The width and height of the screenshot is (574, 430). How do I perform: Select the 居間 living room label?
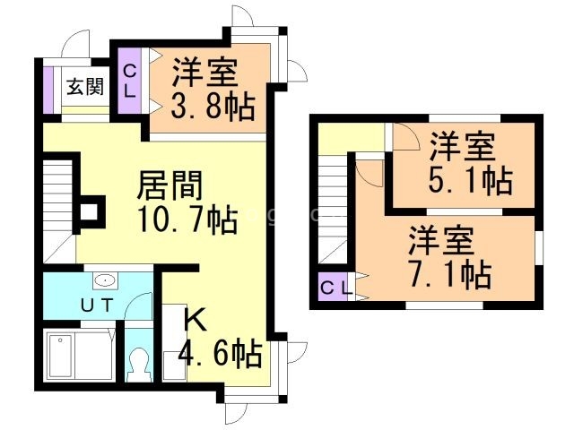click(x=170, y=186)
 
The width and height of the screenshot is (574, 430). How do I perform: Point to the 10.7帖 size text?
click(x=187, y=219)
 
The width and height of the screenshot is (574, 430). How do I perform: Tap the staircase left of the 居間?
click(x=58, y=202)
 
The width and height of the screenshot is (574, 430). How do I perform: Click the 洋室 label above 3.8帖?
click(x=205, y=72)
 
